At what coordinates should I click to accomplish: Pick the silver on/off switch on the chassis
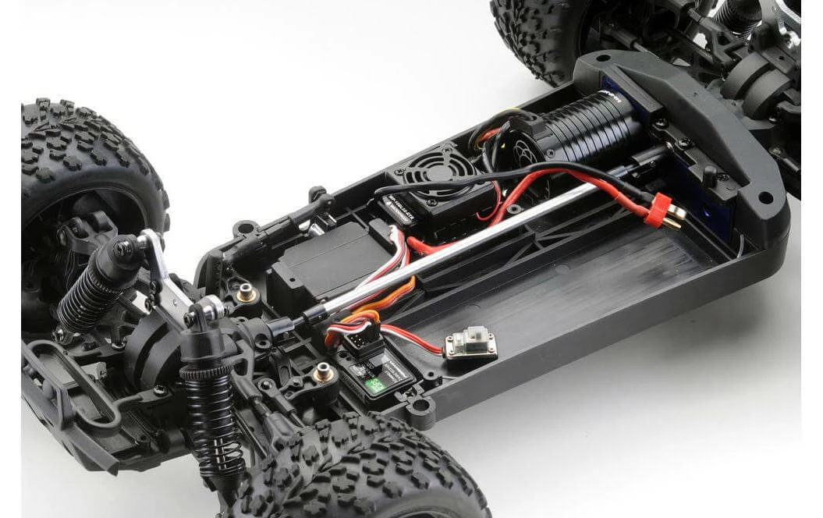(470, 344)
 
